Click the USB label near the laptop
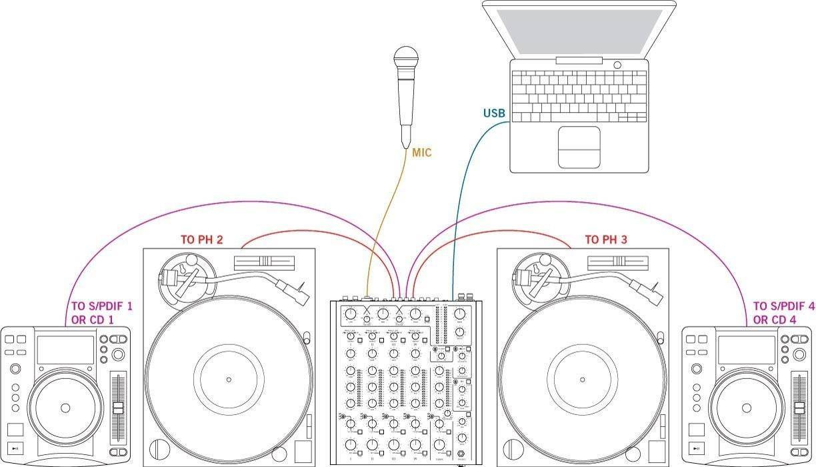(x=494, y=113)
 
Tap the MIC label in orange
(x=421, y=153)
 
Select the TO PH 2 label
(x=201, y=239)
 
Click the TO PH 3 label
(x=605, y=240)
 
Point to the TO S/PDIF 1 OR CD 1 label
(x=101, y=312)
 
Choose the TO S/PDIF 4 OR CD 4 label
(x=783, y=312)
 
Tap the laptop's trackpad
(x=579, y=147)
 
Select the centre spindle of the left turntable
(x=229, y=380)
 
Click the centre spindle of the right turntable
(x=582, y=380)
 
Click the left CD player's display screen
(x=65, y=350)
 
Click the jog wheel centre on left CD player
(x=65, y=408)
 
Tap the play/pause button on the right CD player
(x=696, y=448)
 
